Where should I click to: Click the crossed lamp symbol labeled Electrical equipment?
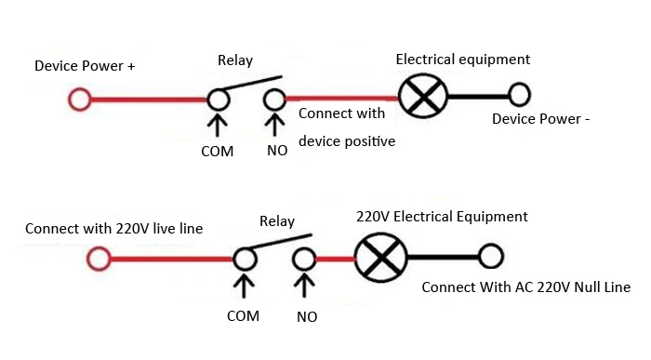(x=423, y=97)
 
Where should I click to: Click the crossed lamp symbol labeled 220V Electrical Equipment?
(x=381, y=258)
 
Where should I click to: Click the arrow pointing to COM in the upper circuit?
(x=217, y=126)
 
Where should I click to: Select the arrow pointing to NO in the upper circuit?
(x=274, y=125)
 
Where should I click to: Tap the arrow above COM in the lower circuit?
(x=244, y=287)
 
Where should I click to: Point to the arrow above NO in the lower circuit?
(x=304, y=287)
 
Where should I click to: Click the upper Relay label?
(x=235, y=60)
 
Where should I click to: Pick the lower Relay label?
(x=277, y=221)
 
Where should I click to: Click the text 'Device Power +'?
(x=85, y=66)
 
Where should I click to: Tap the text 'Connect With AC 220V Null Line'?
(x=526, y=287)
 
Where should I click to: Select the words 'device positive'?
(x=347, y=141)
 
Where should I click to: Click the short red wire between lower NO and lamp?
(x=336, y=260)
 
